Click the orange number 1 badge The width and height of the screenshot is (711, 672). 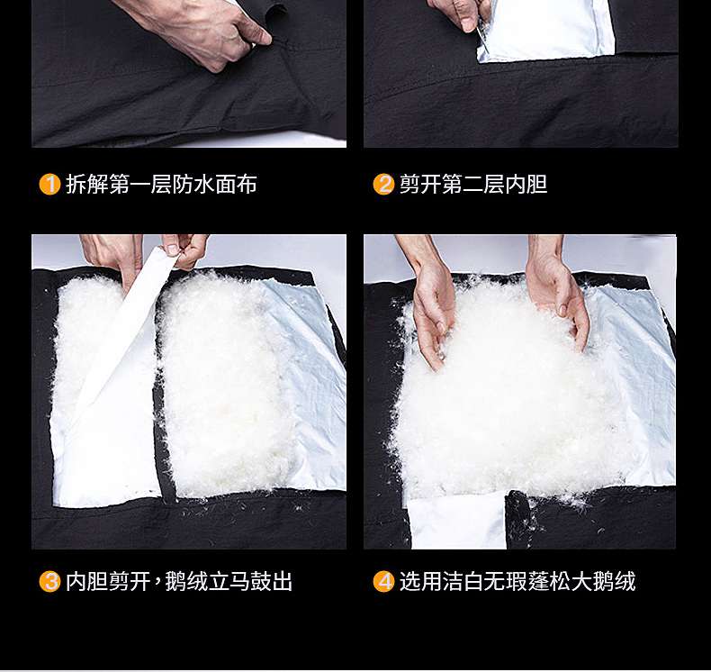click(x=49, y=185)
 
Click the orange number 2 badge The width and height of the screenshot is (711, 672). click(x=383, y=185)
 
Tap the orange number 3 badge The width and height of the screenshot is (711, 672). click(x=49, y=581)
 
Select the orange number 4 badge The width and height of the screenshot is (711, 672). click(x=383, y=581)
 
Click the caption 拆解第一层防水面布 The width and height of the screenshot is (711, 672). click(x=161, y=185)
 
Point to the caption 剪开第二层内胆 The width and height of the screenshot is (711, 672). click(x=473, y=185)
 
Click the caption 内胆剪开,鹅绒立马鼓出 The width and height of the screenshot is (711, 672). click(x=179, y=581)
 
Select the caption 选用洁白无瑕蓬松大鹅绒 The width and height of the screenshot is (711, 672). click(x=517, y=581)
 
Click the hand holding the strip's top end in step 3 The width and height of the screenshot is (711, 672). click(x=187, y=250)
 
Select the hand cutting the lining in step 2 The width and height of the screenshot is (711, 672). click(x=458, y=14)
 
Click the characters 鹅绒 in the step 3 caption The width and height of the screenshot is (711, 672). click(x=186, y=581)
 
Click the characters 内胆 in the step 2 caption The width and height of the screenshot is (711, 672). click(x=526, y=185)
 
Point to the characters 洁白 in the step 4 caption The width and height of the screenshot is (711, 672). click(x=463, y=581)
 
